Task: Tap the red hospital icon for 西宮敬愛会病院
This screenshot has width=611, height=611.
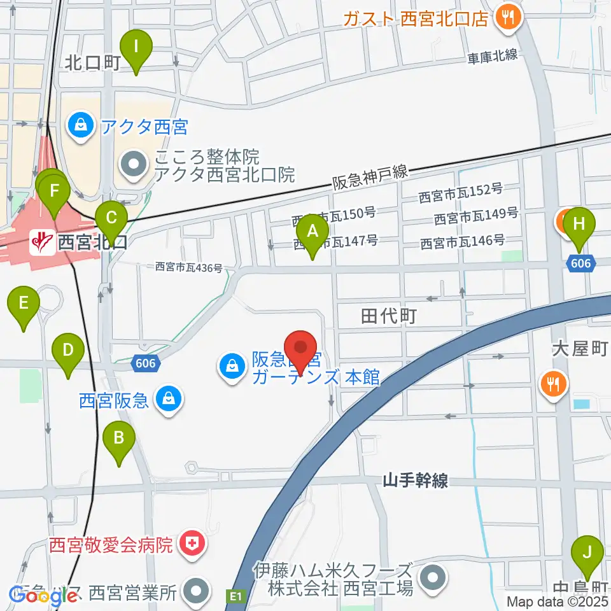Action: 190,544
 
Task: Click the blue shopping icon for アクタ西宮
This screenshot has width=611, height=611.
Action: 81,125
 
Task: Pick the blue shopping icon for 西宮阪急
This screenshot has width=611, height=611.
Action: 169,400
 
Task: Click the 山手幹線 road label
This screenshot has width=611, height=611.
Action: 416,481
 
